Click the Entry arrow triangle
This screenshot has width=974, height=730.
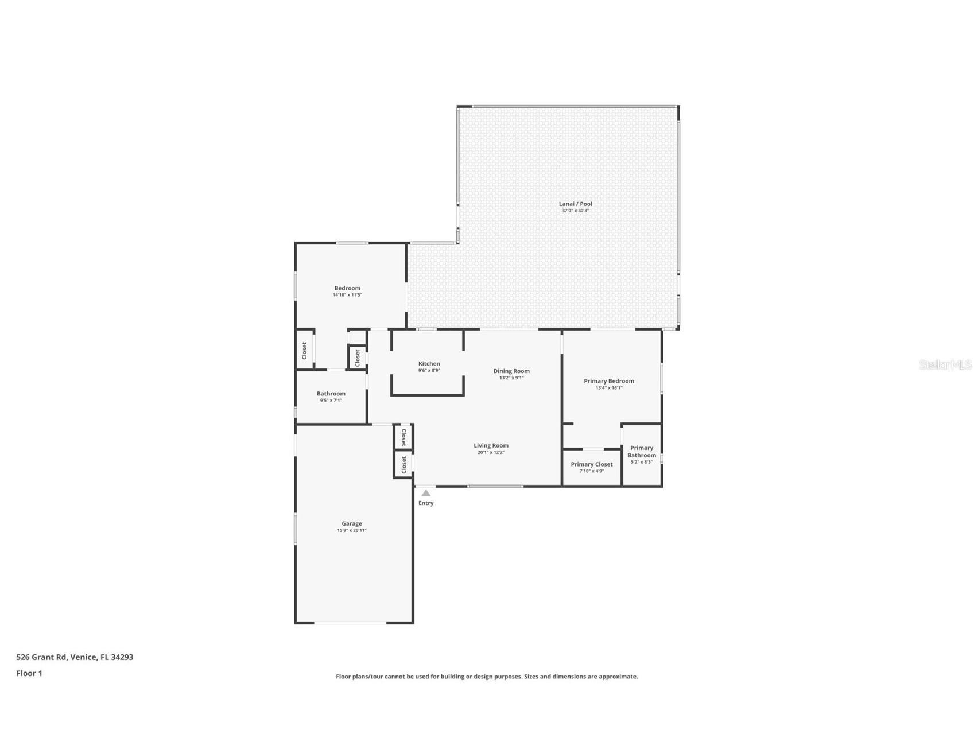[x=426, y=493]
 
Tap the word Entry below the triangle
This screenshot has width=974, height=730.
[x=426, y=503]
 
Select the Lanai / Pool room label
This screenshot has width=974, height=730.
[x=575, y=204]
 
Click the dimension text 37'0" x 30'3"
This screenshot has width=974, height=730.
[x=575, y=211]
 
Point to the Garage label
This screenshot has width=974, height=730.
[x=352, y=523]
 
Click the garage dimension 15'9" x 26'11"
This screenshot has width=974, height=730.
[x=352, y=530]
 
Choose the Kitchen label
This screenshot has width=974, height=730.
[x=429, y=364]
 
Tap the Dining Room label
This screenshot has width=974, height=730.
[x=511, y=371]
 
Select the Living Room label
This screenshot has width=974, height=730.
[x=491, y=445]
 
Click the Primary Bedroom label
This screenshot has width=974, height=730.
[x=609, y=381]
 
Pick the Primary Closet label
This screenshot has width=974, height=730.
[x=591, y=464]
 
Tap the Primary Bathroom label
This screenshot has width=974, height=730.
[x=642, y=452]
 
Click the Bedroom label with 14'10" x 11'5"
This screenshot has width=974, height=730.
[x=347, y=288]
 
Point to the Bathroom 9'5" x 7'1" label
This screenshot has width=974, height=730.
[x=331, y=394]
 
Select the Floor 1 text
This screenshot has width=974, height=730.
[x=29, y=673]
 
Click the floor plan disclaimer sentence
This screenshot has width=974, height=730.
[x=487, y=677]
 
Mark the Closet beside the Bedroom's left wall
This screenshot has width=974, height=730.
[x=304, y=351]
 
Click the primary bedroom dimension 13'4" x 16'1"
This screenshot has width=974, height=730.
[x=609, y=388]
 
